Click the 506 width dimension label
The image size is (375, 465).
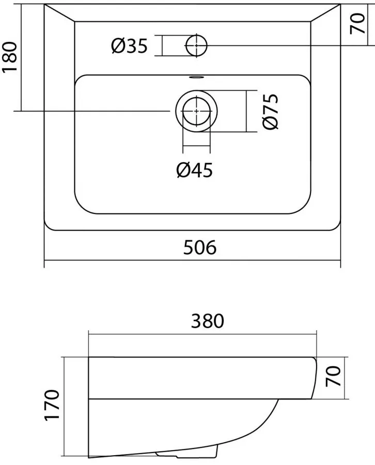[x=200, y=247]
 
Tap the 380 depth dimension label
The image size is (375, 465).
[x=207, y=321]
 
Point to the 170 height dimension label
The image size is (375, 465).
[x=52, y=405]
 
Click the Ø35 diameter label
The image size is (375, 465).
[x=129, y=46]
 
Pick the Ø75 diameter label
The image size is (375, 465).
[x=271, y=112]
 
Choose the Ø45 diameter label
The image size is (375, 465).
[x=194, y=170]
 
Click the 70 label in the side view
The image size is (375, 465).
[x=333, y=376]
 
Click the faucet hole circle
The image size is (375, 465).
[x=196, y=45]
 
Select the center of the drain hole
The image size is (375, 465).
[x=197, y=111]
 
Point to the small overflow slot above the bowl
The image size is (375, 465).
[x=196, y=78]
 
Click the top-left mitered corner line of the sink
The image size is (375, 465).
[x=59, y=13]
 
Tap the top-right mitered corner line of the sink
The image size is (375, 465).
[x=325, y=13]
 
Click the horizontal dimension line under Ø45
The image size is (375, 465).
[x=197, y=146]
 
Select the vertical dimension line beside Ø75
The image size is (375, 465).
[x=246, y=111]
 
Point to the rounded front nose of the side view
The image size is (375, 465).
[x=315, y=378]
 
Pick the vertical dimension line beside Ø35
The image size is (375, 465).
[x=163, y=45]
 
